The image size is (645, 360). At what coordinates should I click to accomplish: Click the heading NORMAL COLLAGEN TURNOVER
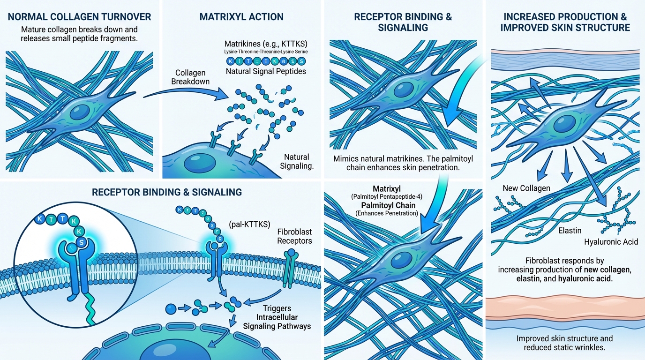[x=80, y=17]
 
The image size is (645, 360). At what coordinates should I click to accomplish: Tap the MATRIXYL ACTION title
[x=241, y=17]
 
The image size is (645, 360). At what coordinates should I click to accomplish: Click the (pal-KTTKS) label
[x=249, y=224]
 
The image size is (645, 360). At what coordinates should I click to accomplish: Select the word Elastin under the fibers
[x=570, y=231]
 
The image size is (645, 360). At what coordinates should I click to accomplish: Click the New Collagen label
[x=526, y=188]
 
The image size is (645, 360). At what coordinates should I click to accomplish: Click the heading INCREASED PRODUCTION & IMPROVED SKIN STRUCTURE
[x=565, y=22]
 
